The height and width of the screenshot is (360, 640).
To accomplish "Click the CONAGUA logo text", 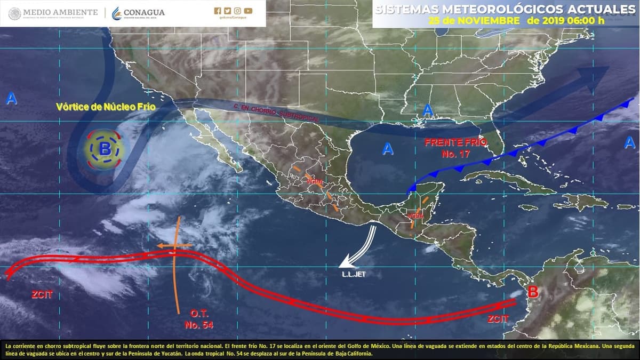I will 144,12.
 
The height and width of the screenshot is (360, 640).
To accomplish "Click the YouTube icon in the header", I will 248,11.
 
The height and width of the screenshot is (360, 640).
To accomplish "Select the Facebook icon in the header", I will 217,11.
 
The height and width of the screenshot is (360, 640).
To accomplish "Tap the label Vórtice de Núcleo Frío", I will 106,107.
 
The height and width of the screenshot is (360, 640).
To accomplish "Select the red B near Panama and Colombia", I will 532,291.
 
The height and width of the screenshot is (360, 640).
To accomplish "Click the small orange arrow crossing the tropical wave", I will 173,245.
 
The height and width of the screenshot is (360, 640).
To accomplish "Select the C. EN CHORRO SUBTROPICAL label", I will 276,113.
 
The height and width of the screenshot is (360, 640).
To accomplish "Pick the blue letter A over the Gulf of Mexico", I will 388,149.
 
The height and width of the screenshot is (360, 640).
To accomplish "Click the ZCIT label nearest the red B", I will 498,318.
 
